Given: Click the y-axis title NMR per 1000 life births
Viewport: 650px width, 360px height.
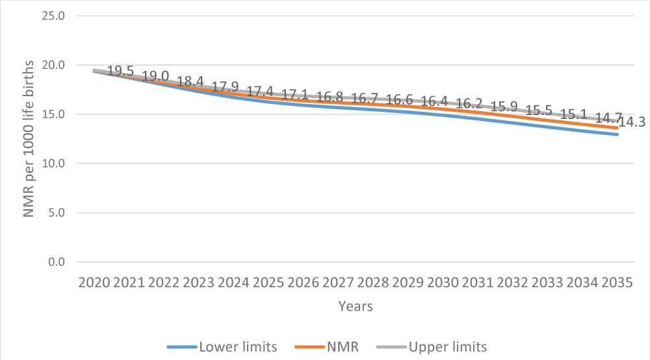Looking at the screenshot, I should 30,139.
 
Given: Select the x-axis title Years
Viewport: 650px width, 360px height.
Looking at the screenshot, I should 356,306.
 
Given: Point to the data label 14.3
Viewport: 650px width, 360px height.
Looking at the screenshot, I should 632,122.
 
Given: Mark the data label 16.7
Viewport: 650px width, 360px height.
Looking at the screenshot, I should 365,99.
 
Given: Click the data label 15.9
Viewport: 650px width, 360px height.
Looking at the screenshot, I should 504,107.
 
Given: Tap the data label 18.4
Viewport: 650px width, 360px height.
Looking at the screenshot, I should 190,82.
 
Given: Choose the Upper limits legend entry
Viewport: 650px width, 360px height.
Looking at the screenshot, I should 448,346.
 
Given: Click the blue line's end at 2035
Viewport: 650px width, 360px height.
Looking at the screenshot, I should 616,135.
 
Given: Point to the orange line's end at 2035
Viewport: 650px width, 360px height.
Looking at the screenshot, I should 616,128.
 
